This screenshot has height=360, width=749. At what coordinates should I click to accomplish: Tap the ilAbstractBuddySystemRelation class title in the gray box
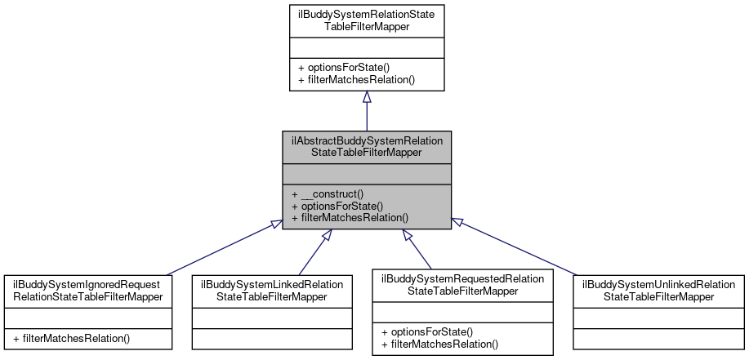coord(367,146)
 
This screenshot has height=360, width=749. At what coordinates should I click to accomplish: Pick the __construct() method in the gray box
coord(327,194)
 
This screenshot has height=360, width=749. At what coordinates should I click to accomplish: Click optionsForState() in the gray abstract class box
coord(337,206)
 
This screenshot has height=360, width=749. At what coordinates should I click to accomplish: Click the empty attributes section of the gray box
coord(367,173)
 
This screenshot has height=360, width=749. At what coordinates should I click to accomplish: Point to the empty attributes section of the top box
coord(367,47)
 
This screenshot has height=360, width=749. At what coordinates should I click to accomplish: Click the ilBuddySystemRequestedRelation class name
coord(463,284)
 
